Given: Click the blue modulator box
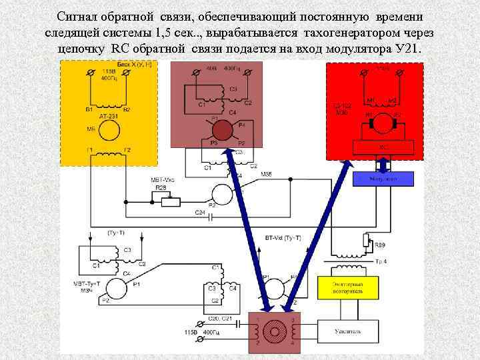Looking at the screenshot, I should click(384, 179).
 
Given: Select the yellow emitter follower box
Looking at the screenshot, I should click(349, 287).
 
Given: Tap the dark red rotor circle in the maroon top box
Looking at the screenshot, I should click(224, 128).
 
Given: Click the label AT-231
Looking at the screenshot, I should click(108, 116).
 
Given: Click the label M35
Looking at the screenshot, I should click(265, 175).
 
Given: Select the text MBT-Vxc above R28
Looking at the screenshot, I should click(162, 180).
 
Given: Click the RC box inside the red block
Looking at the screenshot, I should click(384, 147).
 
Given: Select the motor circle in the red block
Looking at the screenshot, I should click(383, 121).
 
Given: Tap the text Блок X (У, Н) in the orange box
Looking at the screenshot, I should click(138, 65).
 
